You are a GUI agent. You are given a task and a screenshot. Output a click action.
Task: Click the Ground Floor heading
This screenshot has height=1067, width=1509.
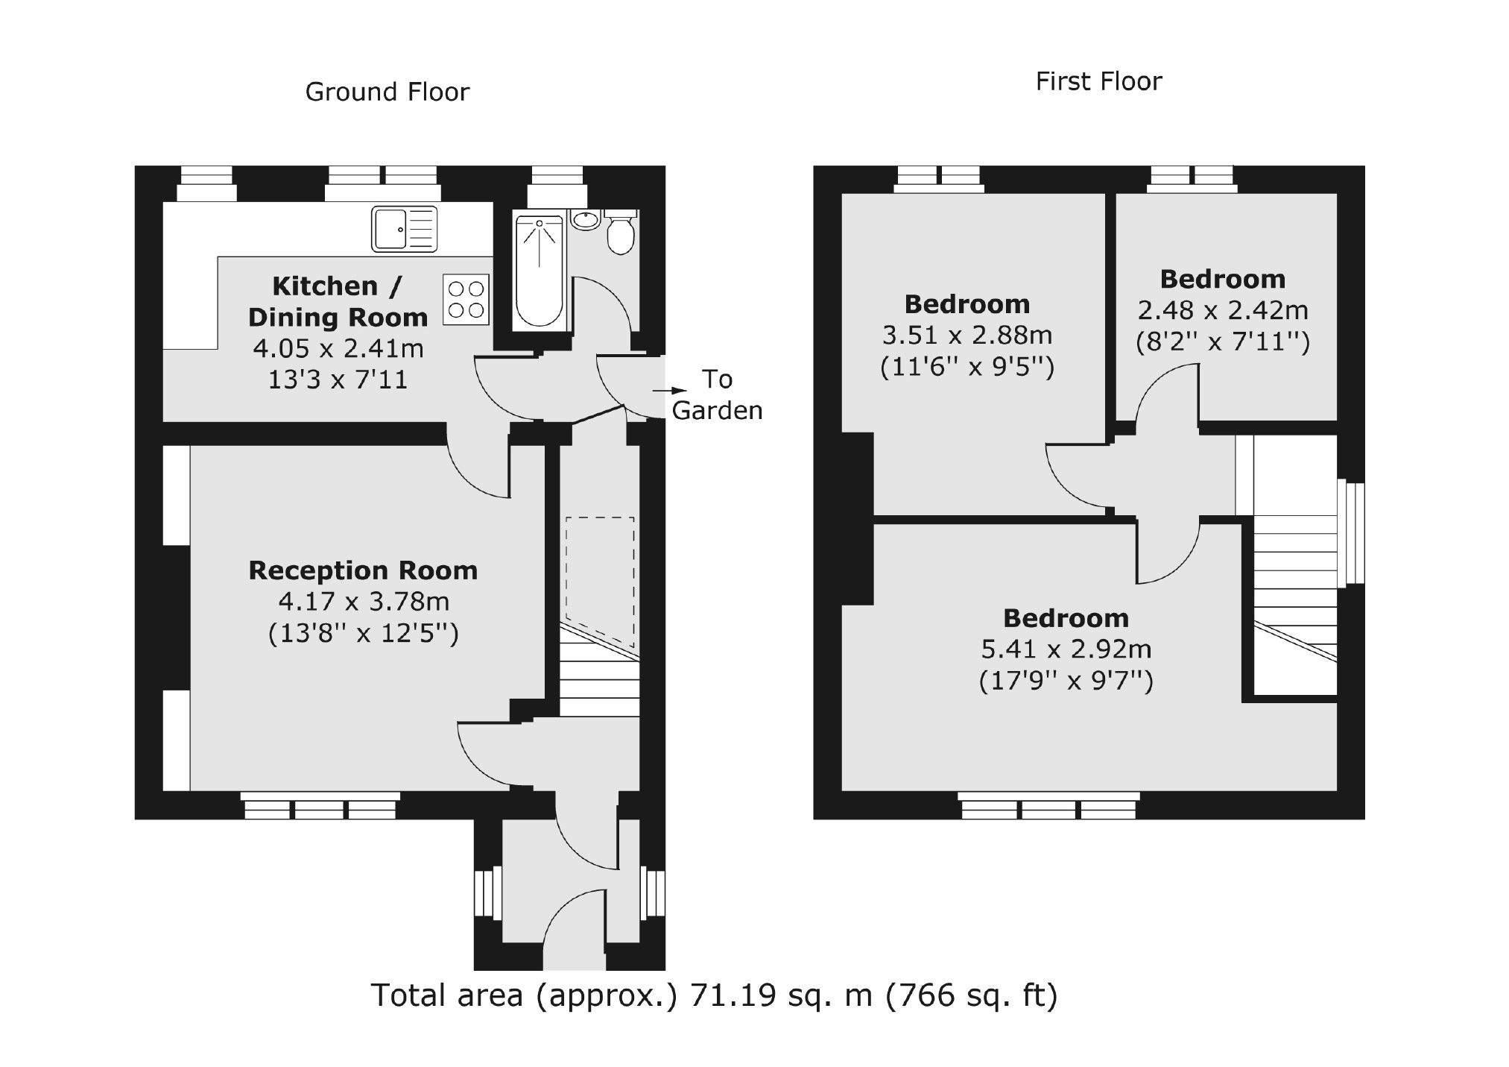(x=387, y=92)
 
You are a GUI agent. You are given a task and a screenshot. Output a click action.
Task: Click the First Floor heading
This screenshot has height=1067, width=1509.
(x=1098, y=81)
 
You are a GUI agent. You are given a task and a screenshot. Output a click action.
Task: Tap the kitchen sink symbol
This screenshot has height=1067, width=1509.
(x=403, y=230)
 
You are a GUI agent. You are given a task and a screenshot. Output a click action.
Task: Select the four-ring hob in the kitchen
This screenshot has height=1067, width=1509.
(x=466, y=300)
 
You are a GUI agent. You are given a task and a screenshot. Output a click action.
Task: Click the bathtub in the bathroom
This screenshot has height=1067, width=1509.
(x=539, y=272)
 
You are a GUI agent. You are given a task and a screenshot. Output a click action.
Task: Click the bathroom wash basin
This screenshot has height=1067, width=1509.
(x=586, y=219)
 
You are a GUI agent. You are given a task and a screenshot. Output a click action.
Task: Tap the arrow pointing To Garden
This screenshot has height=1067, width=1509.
(x=669, y=390)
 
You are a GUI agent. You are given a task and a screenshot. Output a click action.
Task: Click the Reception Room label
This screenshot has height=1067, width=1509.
(x=362, y=570)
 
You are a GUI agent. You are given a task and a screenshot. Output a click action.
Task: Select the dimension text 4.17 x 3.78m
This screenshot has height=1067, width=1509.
(x=362, y=601)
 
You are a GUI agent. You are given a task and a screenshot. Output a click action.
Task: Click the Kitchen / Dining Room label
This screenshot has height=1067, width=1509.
(x=337, y=301)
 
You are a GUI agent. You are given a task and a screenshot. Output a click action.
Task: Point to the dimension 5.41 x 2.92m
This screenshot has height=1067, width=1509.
(x=1066, y=649)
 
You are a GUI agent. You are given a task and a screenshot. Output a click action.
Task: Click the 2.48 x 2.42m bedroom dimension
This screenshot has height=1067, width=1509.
(x=1222, y=310)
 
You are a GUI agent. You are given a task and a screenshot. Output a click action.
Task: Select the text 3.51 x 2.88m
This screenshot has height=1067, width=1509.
(x=967, y=336)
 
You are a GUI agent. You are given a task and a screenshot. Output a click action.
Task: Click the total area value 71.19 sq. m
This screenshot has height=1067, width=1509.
(x=780, y=995)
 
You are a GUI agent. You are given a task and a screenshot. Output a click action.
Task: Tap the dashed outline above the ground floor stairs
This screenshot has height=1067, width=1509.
(x=600, y=582)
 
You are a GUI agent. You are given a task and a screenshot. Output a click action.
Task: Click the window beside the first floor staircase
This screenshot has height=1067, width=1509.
(x=1351, y=534)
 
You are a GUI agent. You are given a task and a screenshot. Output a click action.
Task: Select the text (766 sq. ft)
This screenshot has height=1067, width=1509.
(x=971, y=995)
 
